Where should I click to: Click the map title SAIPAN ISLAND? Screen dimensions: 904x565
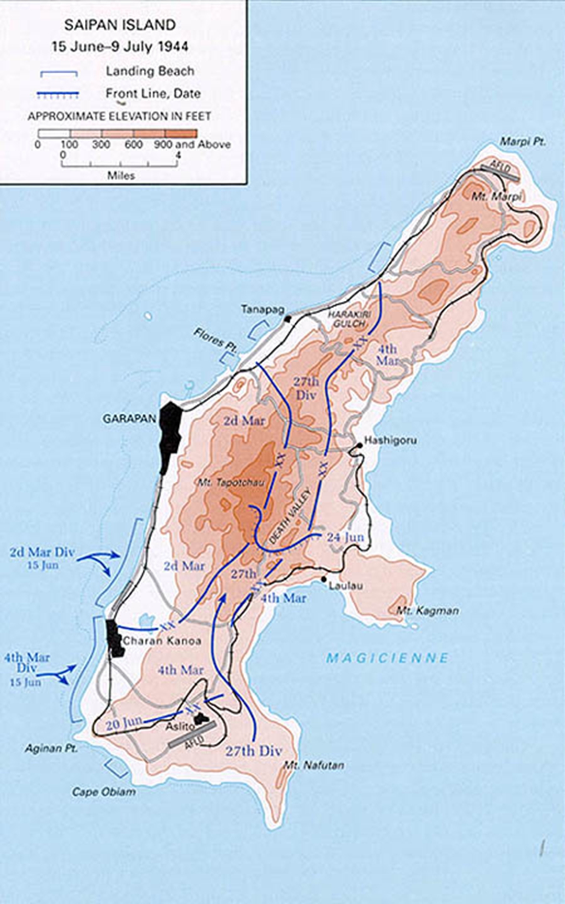tap(120, 25)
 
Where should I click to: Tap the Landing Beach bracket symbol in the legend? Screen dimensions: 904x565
tap(59, 73)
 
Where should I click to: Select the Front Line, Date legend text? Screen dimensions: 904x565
tap(153, 94)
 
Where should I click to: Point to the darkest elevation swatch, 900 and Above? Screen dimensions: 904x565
tap(181, 133)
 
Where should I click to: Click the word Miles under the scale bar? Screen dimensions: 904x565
tap(121, 176)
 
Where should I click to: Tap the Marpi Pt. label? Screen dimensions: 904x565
tap(523, 142)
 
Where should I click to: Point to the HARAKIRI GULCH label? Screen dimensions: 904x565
tap(347, 319)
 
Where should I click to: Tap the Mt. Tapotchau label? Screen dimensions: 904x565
tap(231, 482)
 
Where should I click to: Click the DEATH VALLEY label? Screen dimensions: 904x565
tap(290, 517)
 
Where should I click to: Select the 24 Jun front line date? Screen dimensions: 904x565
tap(345, 537)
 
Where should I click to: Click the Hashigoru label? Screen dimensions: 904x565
tap(390, 440)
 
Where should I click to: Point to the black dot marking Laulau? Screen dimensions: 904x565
tap(324, 579)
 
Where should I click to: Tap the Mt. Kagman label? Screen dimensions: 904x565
tap(427, 611)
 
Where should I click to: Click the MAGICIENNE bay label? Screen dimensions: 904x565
tap(387, 658)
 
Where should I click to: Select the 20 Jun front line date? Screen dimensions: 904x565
tap(123, 724)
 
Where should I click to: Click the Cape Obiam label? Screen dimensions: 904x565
tap(104, 792)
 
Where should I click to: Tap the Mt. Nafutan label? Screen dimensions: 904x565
tap(314, 765)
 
